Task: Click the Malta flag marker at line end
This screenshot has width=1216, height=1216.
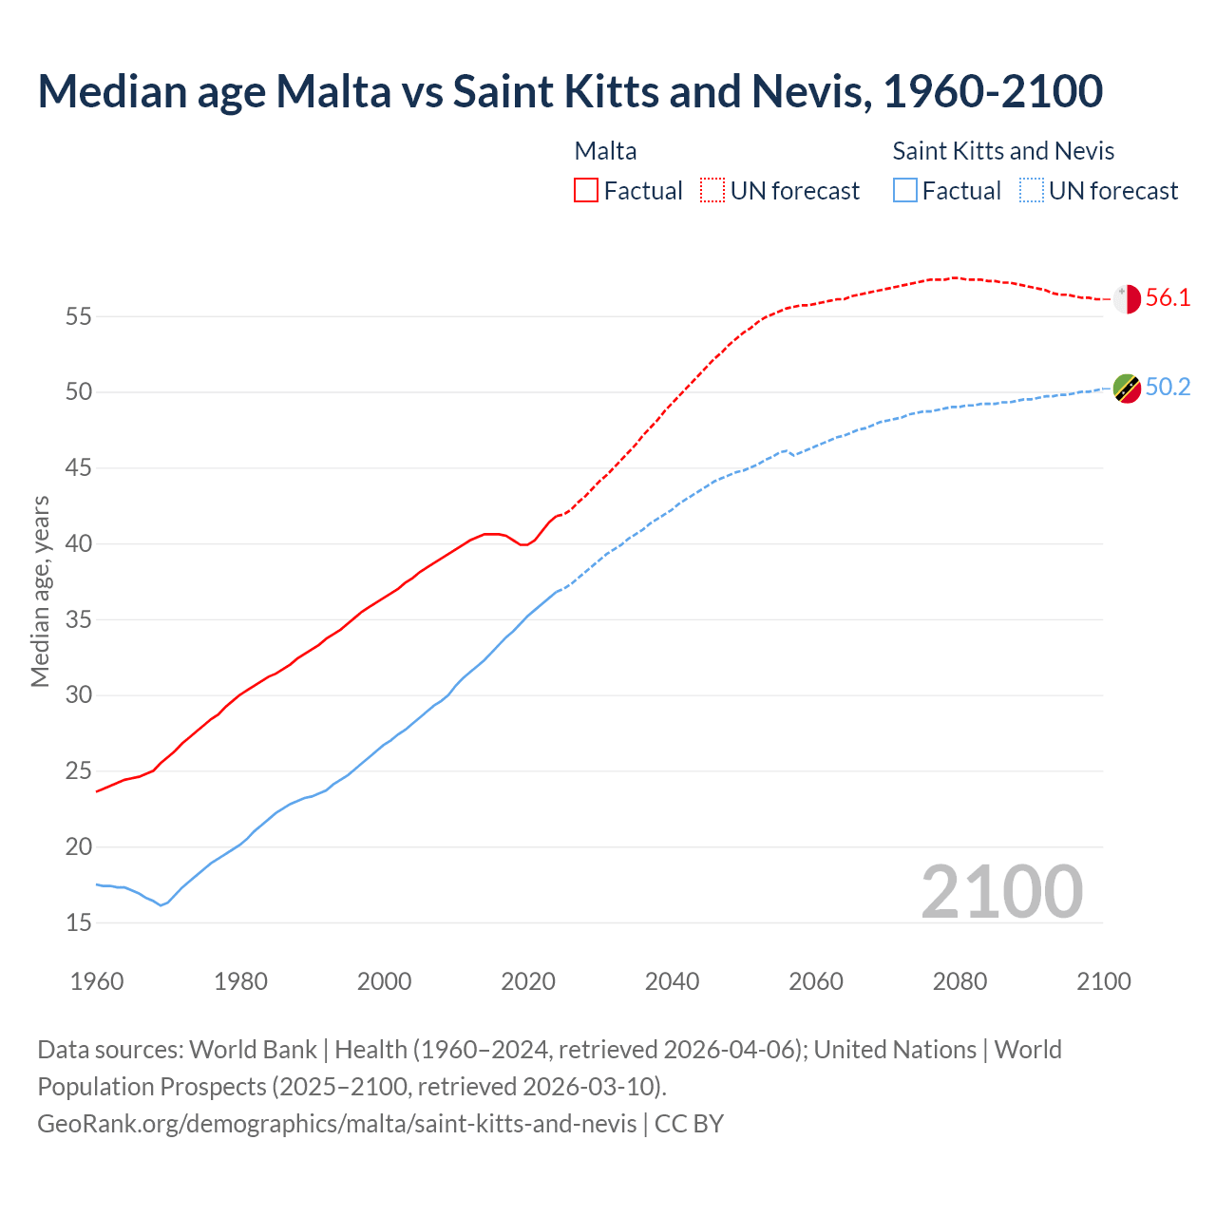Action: point(1127,299)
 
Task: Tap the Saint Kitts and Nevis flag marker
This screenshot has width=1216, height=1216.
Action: point(1127,388)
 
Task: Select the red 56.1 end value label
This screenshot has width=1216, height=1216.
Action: point(1168,298)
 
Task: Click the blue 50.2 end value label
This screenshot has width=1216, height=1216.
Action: point(1168,388)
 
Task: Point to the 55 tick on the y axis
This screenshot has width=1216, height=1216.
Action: point(78,316)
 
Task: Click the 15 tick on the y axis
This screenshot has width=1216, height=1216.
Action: point(78,922)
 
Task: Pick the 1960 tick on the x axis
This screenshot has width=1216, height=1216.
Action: point(97,981)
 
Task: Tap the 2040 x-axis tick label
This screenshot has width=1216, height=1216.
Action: point(672,981)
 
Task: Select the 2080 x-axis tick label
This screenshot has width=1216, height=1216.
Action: point(959,981)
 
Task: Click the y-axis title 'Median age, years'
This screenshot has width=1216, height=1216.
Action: point(40,591)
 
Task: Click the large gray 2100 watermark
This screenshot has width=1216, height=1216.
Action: point(1001,892)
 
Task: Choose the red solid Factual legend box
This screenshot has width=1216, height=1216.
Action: point(586,191)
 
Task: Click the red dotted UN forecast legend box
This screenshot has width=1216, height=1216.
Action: point(712,191)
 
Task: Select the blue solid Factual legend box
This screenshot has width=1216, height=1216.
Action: point(905,191)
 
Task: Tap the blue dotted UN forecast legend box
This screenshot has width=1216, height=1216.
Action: point(1032,191)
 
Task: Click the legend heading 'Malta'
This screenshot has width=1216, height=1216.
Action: point(605,151)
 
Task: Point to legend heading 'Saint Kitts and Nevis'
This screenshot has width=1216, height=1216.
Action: point(1003,151)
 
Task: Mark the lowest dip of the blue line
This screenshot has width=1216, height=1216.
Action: point(161,905)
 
